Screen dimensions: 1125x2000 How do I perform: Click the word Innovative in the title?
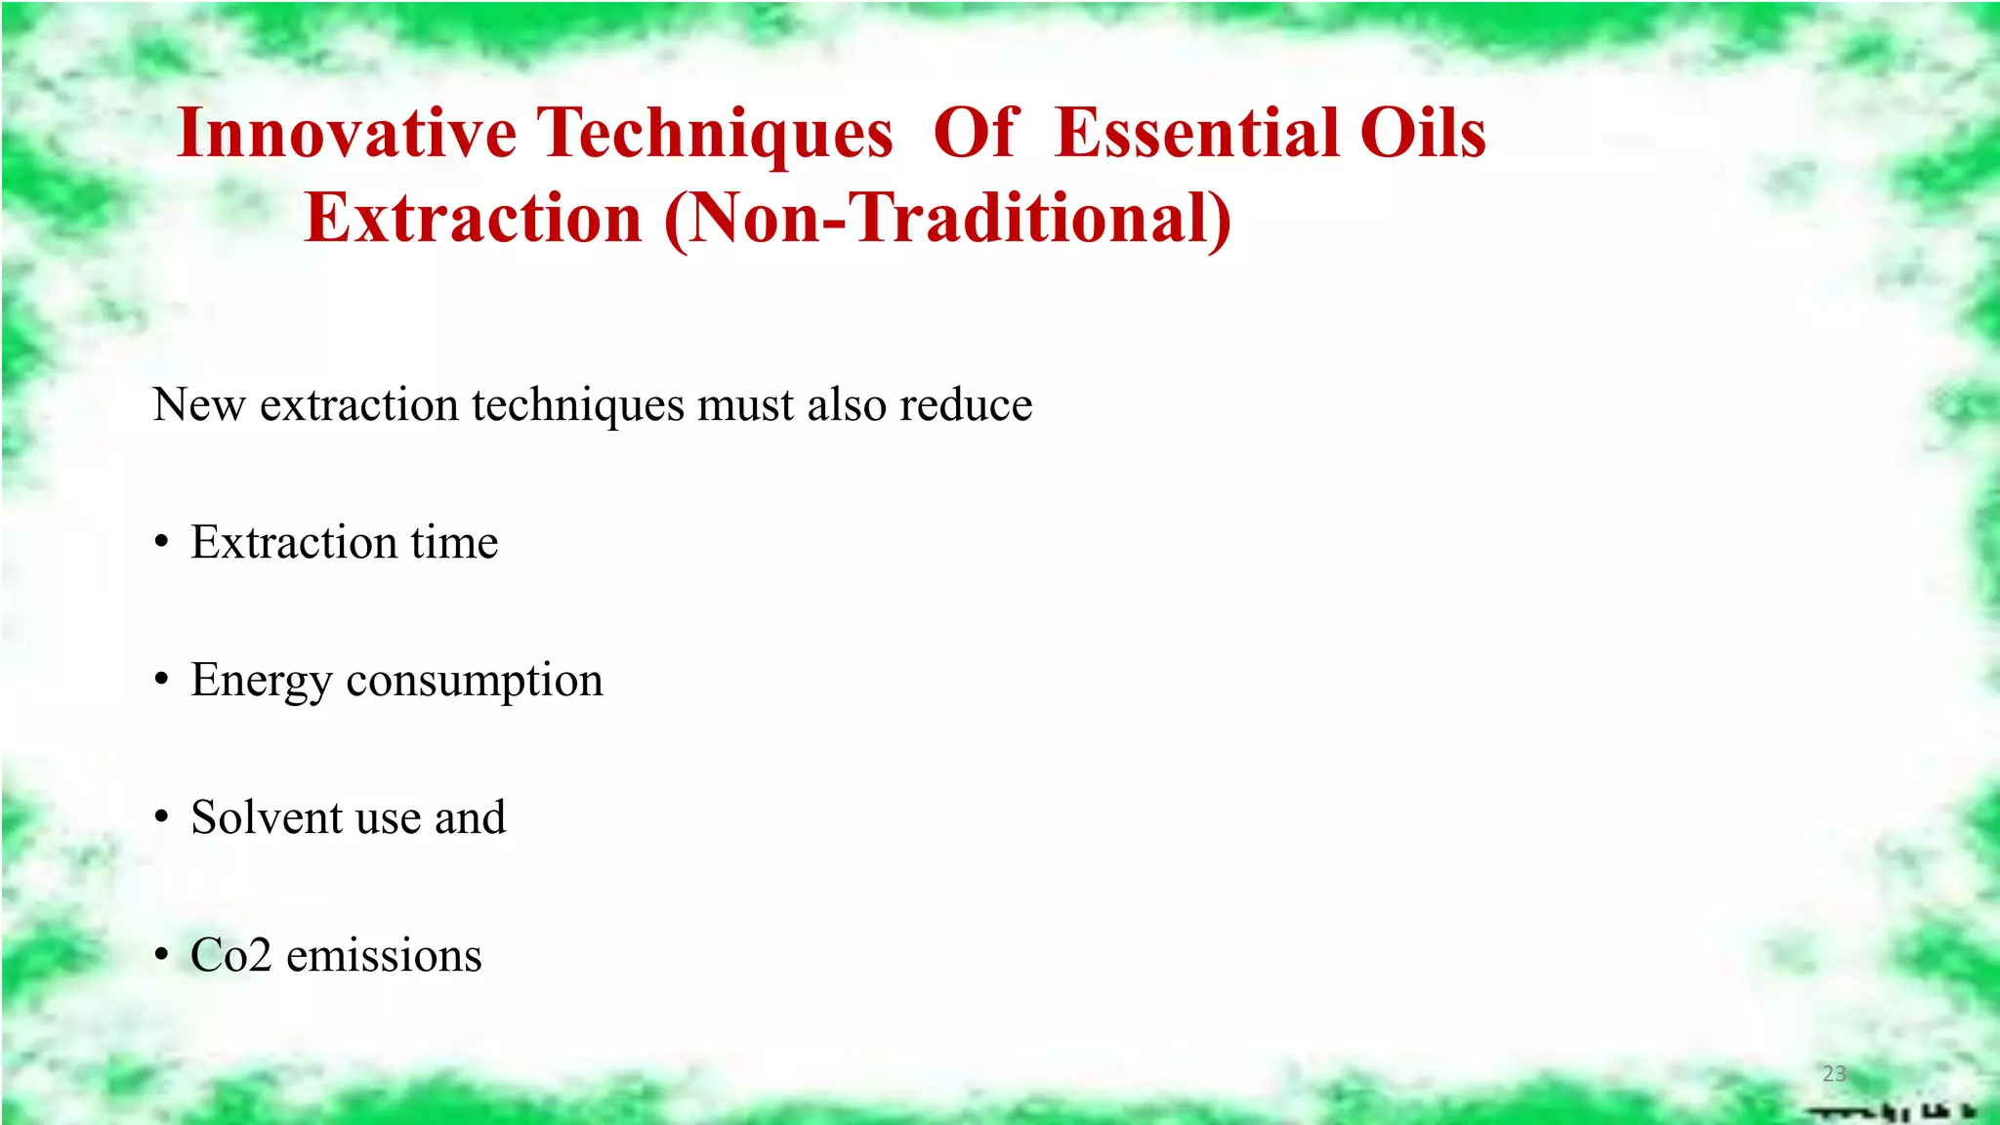[347, 134]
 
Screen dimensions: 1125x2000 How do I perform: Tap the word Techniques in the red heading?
[716, 134]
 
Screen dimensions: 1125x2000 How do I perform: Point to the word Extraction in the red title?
[474, 218]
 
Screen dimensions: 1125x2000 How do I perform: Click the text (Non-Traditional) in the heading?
[947, 218]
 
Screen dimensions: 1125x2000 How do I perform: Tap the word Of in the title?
[976, 134]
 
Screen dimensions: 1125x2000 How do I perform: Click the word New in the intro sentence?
[198, 404]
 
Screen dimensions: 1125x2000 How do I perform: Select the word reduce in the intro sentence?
[965, 404]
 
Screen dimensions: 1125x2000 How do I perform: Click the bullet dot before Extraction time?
[161, 543]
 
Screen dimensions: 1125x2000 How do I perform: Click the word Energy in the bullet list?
[261, 681]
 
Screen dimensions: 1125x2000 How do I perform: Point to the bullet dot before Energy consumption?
[161, 681]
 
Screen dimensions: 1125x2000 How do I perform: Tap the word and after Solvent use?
[470, 817]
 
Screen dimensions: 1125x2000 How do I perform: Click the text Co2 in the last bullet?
[230, 955]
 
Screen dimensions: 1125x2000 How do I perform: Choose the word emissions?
[384, 955]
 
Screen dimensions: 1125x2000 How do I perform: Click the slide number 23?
[1834, 1073]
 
